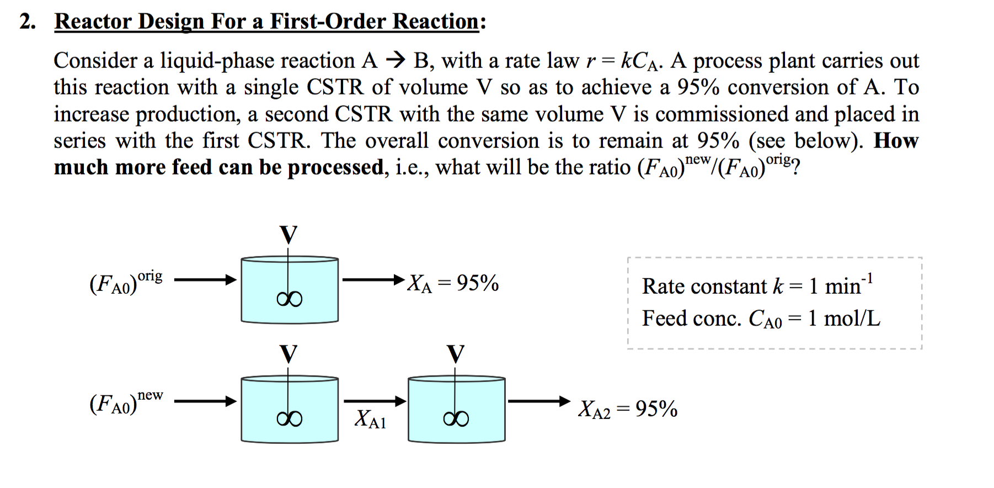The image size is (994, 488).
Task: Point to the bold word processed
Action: (x=335, y=167)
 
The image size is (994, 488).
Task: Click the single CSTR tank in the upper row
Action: (x=290, y=289)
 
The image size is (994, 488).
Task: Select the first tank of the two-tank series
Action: (x=290, y=409)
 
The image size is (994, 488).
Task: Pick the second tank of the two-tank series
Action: (x=456, y=409)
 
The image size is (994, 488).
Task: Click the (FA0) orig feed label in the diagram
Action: (x=126, y=282)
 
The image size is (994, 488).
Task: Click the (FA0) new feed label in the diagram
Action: (x=126, y=402)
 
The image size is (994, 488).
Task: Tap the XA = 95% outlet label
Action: (x=452, y=283)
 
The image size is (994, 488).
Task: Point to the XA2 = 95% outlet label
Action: (x=627, y=409)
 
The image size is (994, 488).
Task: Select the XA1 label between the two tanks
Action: (x=370, y=419)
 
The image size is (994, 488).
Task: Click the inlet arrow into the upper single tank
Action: (x=205, y=280)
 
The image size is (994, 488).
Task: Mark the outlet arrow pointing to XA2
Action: (x=538, y=401)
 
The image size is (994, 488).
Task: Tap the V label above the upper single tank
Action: (x=288, y=235)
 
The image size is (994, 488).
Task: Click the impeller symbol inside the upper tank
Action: (x=290, y=299)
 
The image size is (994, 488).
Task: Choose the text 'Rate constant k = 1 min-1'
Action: (x=756, y=285)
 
